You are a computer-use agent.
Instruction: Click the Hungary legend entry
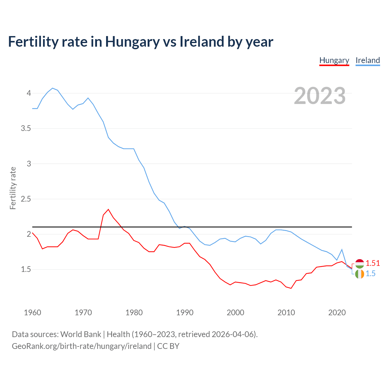[x=334, y=60]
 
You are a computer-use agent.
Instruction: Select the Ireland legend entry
[x=367, y=60]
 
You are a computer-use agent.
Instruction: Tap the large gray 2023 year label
[x=319, y=96]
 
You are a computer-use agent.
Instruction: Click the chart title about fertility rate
[x=141, y=42]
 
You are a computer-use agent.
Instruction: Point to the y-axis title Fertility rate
[x=13, y=188]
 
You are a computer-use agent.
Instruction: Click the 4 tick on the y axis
[x=29, y=93]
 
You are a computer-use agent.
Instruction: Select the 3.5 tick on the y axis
[x=26, y=129]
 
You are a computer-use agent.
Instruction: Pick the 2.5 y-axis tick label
[x=26, y=199]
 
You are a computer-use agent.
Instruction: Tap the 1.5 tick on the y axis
[x=26, y=269]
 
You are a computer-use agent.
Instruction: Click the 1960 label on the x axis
[x=32, y=313]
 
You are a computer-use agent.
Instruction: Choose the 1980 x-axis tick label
[x=134, y=313]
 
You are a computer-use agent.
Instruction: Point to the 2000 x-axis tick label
[x=235, y=313]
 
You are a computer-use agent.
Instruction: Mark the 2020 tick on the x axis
[x=337, y=313]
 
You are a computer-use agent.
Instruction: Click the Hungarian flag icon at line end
[x=360, y=264]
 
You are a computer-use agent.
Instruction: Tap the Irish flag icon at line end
[x=360, y=274]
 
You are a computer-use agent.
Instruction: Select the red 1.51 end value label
[x=373, y=263]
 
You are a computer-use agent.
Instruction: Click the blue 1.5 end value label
[x=370, y=274]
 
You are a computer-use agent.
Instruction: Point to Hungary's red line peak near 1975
[x=108, y=209]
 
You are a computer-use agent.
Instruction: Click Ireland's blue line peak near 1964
[x=52, y=88]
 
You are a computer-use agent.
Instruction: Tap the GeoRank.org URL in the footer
[x=82, y=346]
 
